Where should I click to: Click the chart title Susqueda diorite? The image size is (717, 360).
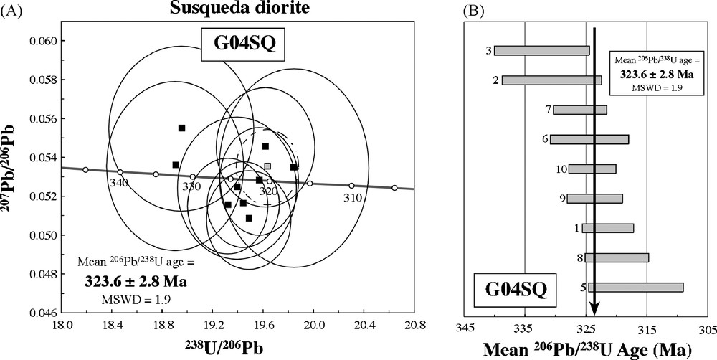(214, 9)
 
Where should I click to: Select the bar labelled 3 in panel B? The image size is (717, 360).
(542, 50)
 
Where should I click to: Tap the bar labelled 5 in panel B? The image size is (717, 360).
(636, 288)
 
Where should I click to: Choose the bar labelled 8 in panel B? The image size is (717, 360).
(617, 257)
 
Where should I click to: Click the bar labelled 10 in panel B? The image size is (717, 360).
(592, 169)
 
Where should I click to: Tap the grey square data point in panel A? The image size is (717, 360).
(267, 166)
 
